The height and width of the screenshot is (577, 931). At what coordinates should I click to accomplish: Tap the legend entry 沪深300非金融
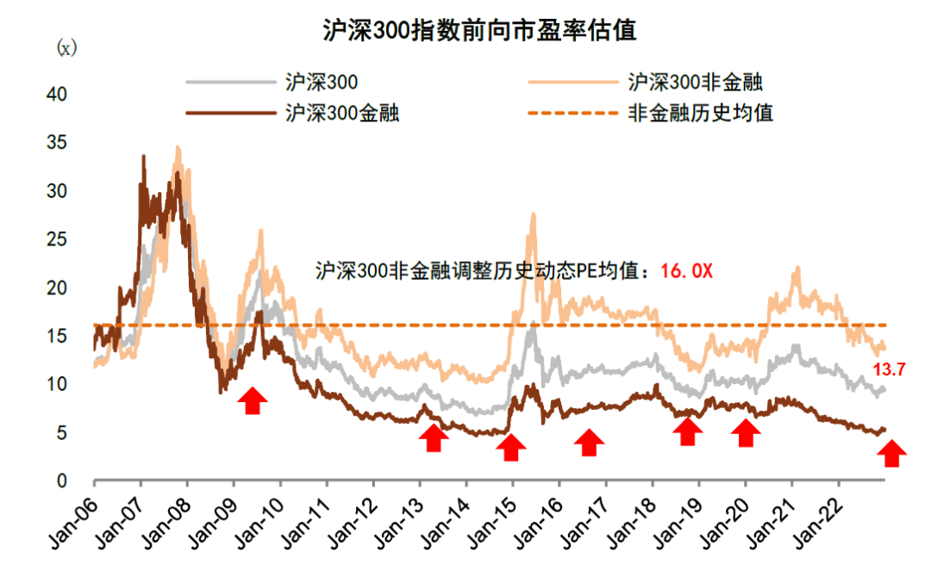695,83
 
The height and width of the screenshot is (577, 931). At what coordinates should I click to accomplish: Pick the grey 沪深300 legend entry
321,83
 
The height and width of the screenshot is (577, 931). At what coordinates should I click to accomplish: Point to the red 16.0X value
686,270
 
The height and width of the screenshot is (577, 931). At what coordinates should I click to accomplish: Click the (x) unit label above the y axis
66,48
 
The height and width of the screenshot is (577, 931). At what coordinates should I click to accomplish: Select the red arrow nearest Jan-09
252,400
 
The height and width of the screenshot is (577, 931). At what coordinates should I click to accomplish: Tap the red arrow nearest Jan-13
434,438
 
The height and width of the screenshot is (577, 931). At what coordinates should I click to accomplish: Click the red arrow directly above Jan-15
511,447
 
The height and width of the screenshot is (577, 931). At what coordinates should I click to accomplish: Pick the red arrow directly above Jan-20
745,433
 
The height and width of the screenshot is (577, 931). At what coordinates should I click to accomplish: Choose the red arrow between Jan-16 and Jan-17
589,443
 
